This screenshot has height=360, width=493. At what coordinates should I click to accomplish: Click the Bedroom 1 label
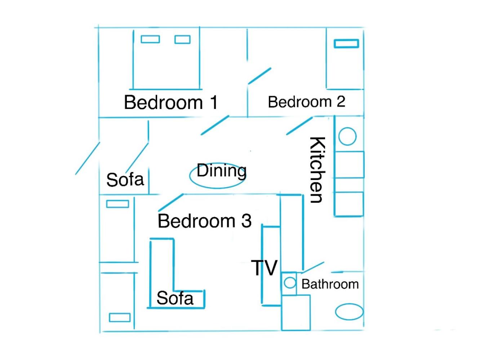[171, 102]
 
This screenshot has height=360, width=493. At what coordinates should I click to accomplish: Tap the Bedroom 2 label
[307, 102]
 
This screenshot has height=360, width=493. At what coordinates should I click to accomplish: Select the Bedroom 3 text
[204, 221]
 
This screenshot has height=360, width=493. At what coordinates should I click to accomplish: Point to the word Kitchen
[317, 170]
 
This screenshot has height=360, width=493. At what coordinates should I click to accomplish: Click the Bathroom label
[330, 284]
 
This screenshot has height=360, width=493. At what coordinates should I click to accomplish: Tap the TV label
[264, 268]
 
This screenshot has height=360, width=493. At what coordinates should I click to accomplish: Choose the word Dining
[222, 171]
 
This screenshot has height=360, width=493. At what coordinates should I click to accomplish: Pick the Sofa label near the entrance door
[125, 180]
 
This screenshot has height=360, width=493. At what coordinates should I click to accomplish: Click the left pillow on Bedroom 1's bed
[150, 39]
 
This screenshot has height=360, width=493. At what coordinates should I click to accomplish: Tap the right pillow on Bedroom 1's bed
[182, 39]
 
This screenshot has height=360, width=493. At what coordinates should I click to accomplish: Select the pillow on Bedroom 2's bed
[346, 44]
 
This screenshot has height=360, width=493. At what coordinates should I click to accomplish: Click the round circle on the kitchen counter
[347, 136]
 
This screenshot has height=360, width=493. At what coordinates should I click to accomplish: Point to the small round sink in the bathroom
[290, 283]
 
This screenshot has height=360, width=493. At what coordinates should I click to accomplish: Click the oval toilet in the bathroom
[349, 312]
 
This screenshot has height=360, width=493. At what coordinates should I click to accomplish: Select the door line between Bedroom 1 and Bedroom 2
[260, 76]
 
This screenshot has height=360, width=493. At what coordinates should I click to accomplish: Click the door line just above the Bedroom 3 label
[171, 202]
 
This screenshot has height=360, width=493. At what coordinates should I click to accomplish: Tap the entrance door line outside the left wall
[88, 158]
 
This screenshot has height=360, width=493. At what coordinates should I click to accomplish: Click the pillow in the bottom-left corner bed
[120, 317]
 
